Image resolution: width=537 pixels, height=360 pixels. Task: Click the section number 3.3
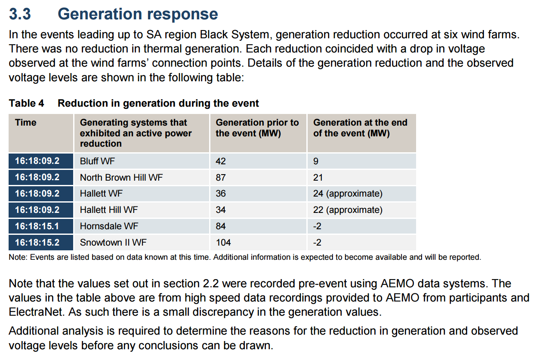[20, 14]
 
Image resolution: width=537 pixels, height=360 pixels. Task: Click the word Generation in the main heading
[100, 14]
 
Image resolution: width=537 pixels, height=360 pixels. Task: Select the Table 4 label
[26, 103]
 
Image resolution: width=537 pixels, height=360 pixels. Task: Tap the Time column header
[26, 123]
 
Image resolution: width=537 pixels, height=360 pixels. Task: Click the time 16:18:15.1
[37, 226]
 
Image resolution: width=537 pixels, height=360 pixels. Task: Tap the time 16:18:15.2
[37, 243]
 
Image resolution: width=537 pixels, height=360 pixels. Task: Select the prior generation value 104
[223, 243]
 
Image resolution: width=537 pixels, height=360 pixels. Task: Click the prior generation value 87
[221, 178]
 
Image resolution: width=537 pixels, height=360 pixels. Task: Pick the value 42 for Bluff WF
[221, 161]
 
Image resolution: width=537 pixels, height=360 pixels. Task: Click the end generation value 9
[316, 161]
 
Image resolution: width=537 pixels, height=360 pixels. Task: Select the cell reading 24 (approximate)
[348, 194]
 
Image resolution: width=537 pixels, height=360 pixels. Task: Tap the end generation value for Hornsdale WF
[317, 226]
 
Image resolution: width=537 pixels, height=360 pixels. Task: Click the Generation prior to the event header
[257, 128]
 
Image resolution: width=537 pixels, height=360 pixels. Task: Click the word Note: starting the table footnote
[18, 257]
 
